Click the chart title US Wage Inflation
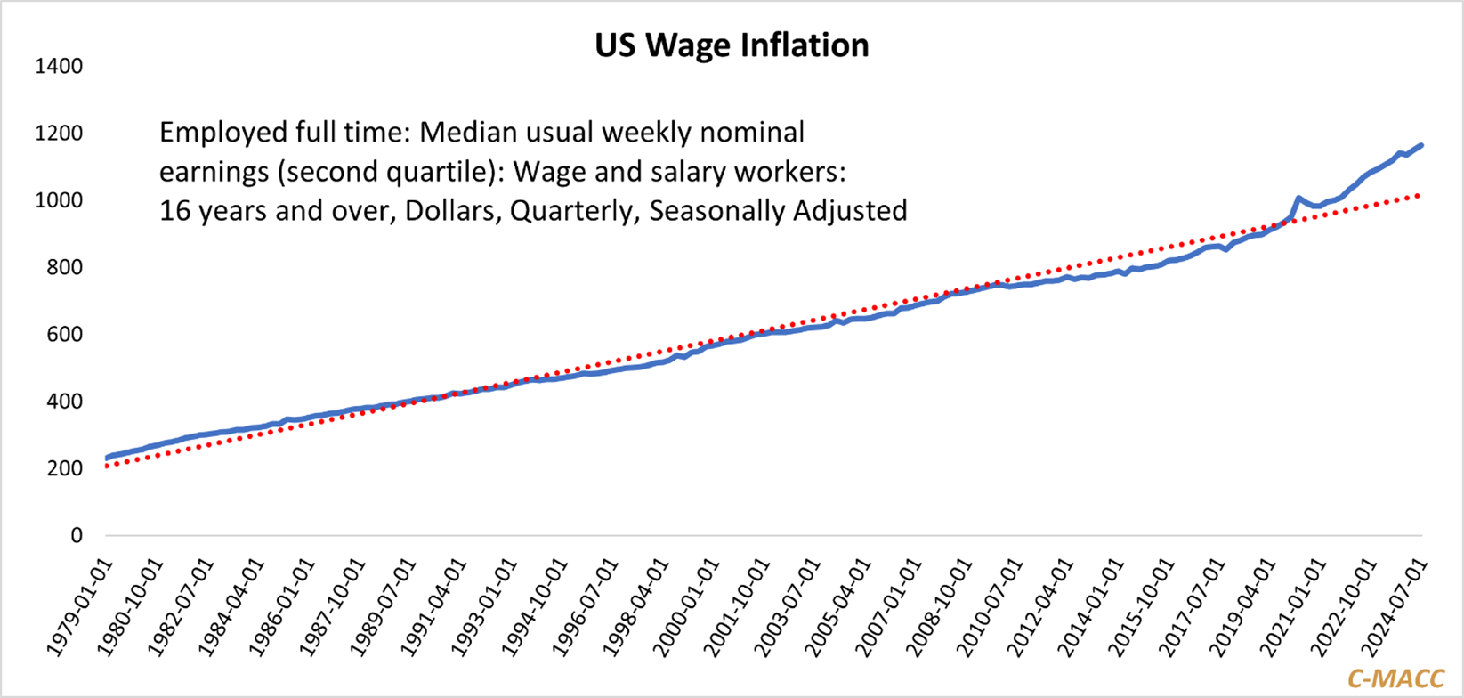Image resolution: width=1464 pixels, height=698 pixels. [x=732, y=45]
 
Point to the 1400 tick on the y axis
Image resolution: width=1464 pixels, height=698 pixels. [x=58, y=67]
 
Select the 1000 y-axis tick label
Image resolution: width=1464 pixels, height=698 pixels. [x=58, y=200]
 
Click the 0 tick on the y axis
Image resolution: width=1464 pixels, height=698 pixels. [x=77, y=536]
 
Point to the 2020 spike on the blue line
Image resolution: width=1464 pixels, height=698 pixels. [x=1298, y=198]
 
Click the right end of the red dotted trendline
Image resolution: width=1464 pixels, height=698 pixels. [x=1420, y=195]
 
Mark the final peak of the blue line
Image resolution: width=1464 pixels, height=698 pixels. [x=1420, y=145]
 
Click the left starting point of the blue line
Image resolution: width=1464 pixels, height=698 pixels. [x=107, y=458]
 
